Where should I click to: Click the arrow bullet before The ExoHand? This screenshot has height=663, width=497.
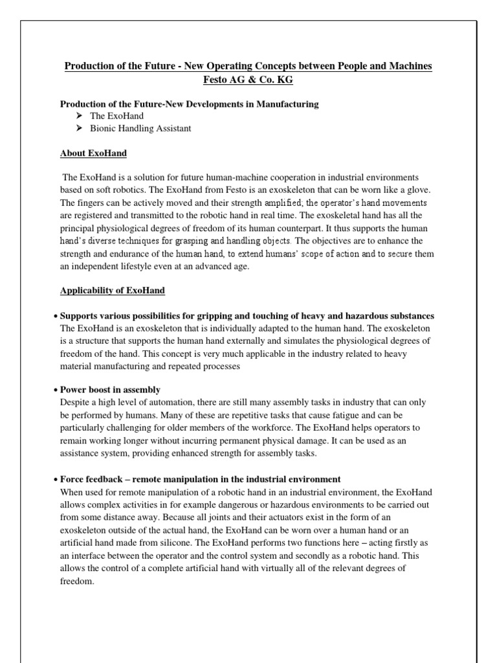79,116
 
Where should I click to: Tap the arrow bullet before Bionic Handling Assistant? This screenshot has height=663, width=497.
79,128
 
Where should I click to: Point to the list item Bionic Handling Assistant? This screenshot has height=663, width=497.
140,128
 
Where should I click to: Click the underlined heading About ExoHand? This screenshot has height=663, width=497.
93,153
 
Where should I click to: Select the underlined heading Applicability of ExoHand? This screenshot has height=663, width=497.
112,291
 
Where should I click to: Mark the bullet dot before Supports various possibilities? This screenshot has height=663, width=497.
56,317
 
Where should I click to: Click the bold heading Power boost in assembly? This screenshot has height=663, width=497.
110,390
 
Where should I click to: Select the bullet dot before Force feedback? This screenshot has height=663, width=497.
56,480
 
